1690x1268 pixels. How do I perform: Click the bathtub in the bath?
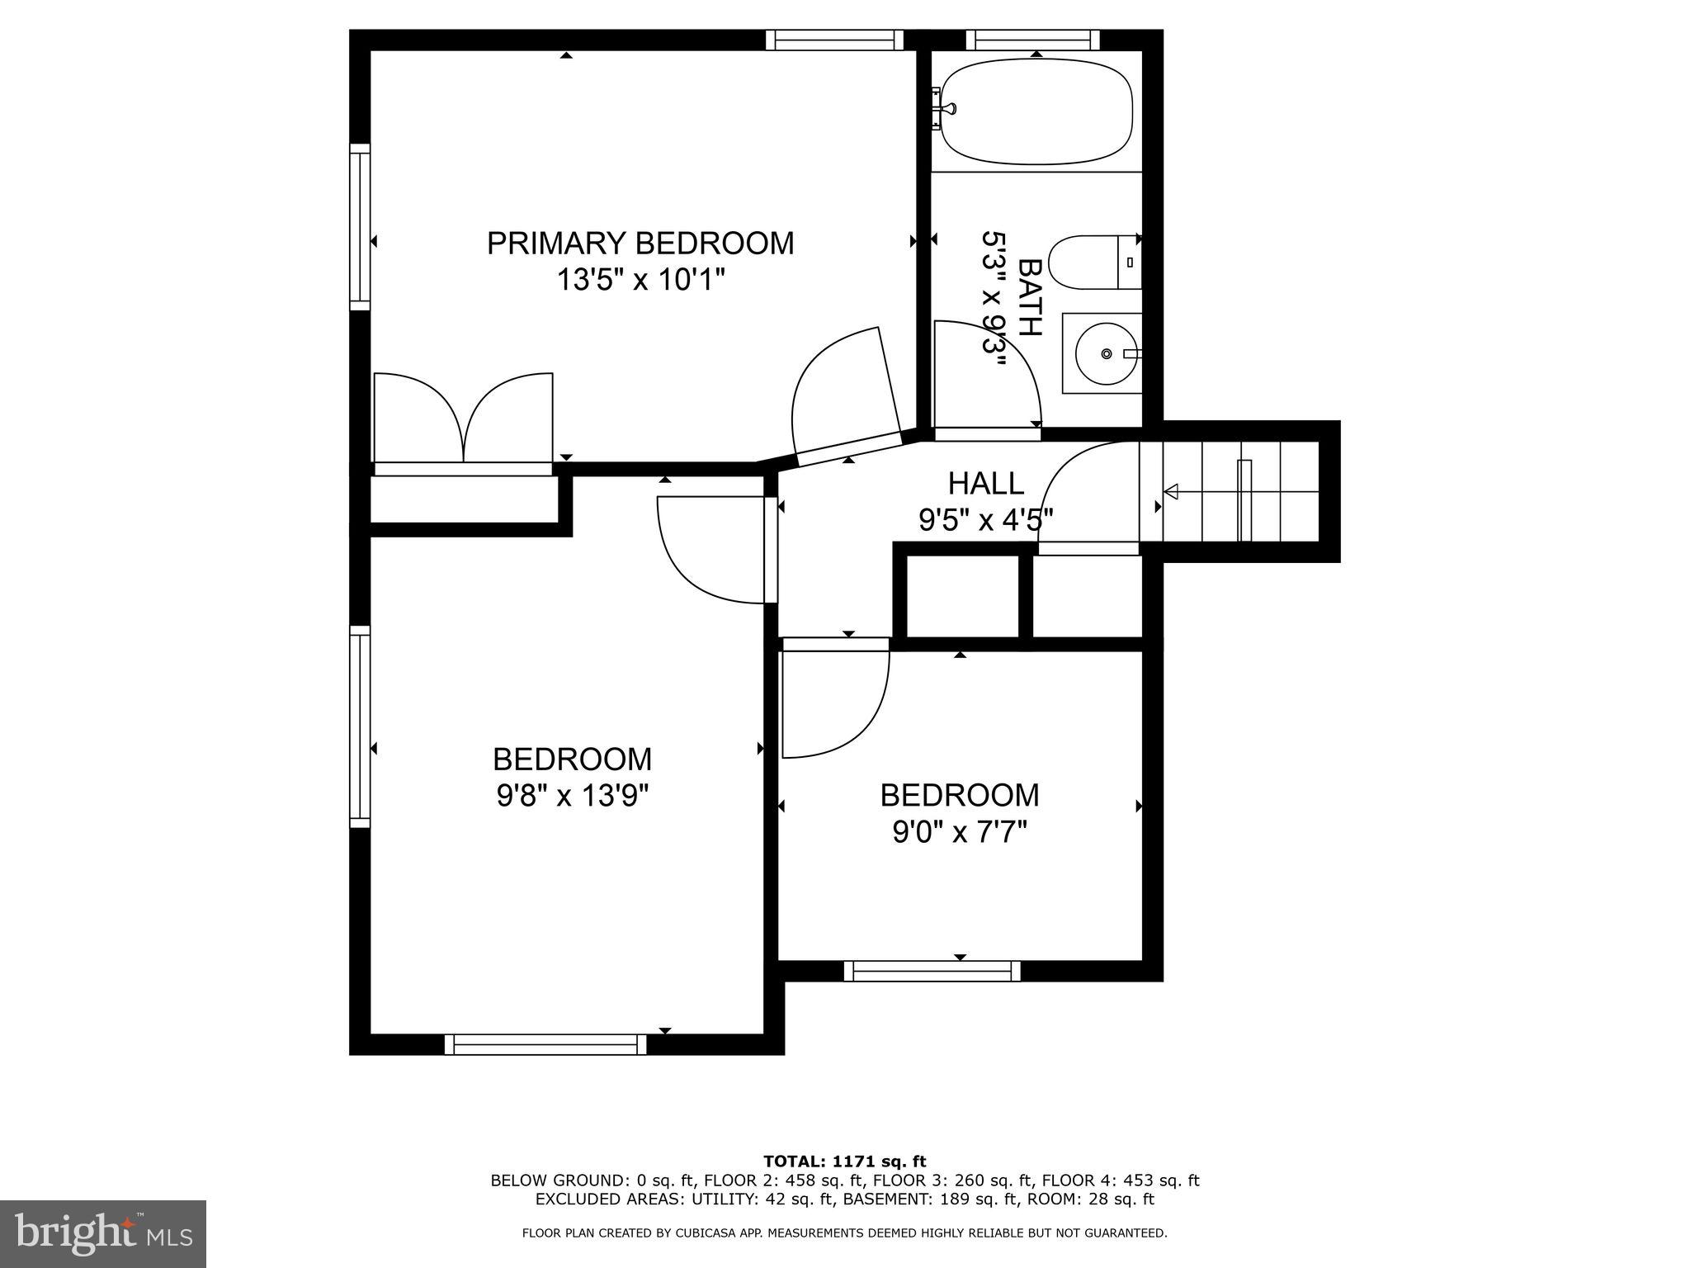pyautogui.click(x=1036, y=111)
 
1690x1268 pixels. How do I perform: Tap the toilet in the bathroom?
pyautogui.click(x=1093, y=263)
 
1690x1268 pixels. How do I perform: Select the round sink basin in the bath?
pyautogui.click(x=1106, y=354)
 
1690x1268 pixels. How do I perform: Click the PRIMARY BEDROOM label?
pyautogui.click(x=640, y=244)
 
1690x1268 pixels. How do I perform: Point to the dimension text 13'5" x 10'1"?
pyautogui.click(x=640, y=281)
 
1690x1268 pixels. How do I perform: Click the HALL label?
pyautogui.click(x=985, y=483)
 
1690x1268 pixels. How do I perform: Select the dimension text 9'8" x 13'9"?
pyautogui.click(x=572, y=796)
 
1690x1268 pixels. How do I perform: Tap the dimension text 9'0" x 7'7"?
pyautogui.click(x=959, y=832)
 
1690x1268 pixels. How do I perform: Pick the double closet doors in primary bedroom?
pyautogui.click(x=464, y=419)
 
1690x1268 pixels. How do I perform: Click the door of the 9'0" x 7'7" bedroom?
pyautogui.click(x=833, y=702)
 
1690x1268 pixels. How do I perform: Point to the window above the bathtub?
pyautogui.click(x=1032, y=40)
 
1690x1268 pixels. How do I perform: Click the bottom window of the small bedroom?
pyautogui.click(x=932, y=972)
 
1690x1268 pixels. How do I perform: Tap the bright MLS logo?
pyautogui.click(x=103, y=1233)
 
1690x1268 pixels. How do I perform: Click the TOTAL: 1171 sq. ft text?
pyautogui.click(x=844, y=1162)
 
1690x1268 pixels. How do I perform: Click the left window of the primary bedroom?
pyautogui.click(x=360, y=227)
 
